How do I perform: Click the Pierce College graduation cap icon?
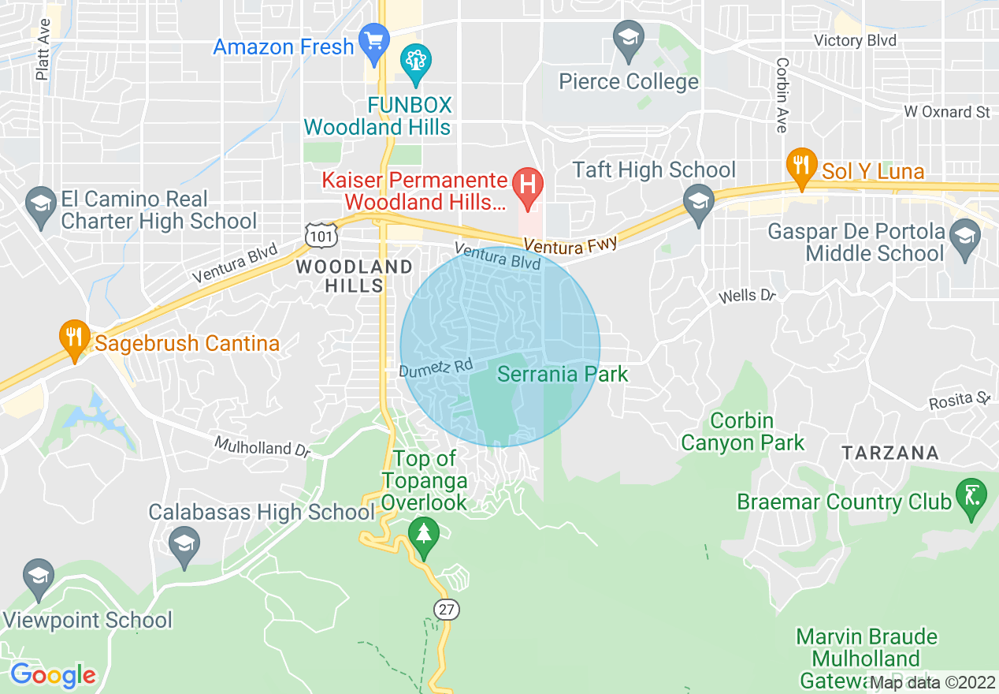click(629, 39)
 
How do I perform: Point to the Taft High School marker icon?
click(698, 202)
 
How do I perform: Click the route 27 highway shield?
click(446, 609)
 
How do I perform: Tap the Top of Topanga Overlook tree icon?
click(424, 537)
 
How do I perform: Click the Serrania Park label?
click(563, 373)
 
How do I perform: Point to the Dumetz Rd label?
click(436, 368)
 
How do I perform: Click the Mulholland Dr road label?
click(262, 447)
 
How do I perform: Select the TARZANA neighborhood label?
click(890, 453)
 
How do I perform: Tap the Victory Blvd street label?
click(855, 40)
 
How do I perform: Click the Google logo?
click(53, 675)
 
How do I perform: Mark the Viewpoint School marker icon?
click(38, 578)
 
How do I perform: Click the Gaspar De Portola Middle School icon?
click(964, 236)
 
